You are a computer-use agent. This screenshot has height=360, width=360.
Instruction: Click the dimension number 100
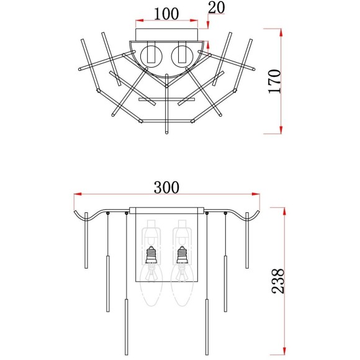[166, 14]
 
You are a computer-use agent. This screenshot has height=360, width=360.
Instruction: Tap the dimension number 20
[216, 8]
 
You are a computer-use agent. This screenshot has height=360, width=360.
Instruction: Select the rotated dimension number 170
[275, 81]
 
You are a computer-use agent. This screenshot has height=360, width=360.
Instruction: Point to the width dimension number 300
[166, 187]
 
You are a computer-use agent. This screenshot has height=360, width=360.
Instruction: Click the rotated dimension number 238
[278, 281]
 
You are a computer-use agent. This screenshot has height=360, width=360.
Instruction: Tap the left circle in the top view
[151, 56]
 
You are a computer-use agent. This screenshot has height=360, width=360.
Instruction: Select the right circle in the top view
[182, 56]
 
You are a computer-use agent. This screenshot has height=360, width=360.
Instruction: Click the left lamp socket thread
[151, 254]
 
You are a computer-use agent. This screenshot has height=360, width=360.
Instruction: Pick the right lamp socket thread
[182, 254]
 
